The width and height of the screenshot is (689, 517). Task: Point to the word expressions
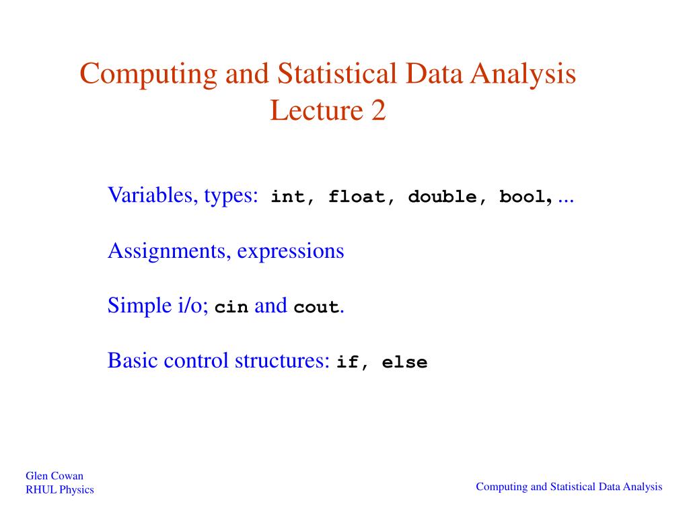click(290, 252)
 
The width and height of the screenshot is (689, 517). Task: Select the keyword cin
click(231, 308)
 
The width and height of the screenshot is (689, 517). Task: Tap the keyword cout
click(316, 308)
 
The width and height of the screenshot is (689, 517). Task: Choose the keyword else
click(404, 363)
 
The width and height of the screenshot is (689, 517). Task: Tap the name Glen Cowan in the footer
click(55, 476)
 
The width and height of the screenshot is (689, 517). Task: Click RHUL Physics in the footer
click(60, 489)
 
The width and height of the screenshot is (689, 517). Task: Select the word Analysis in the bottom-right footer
click(643, 487)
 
